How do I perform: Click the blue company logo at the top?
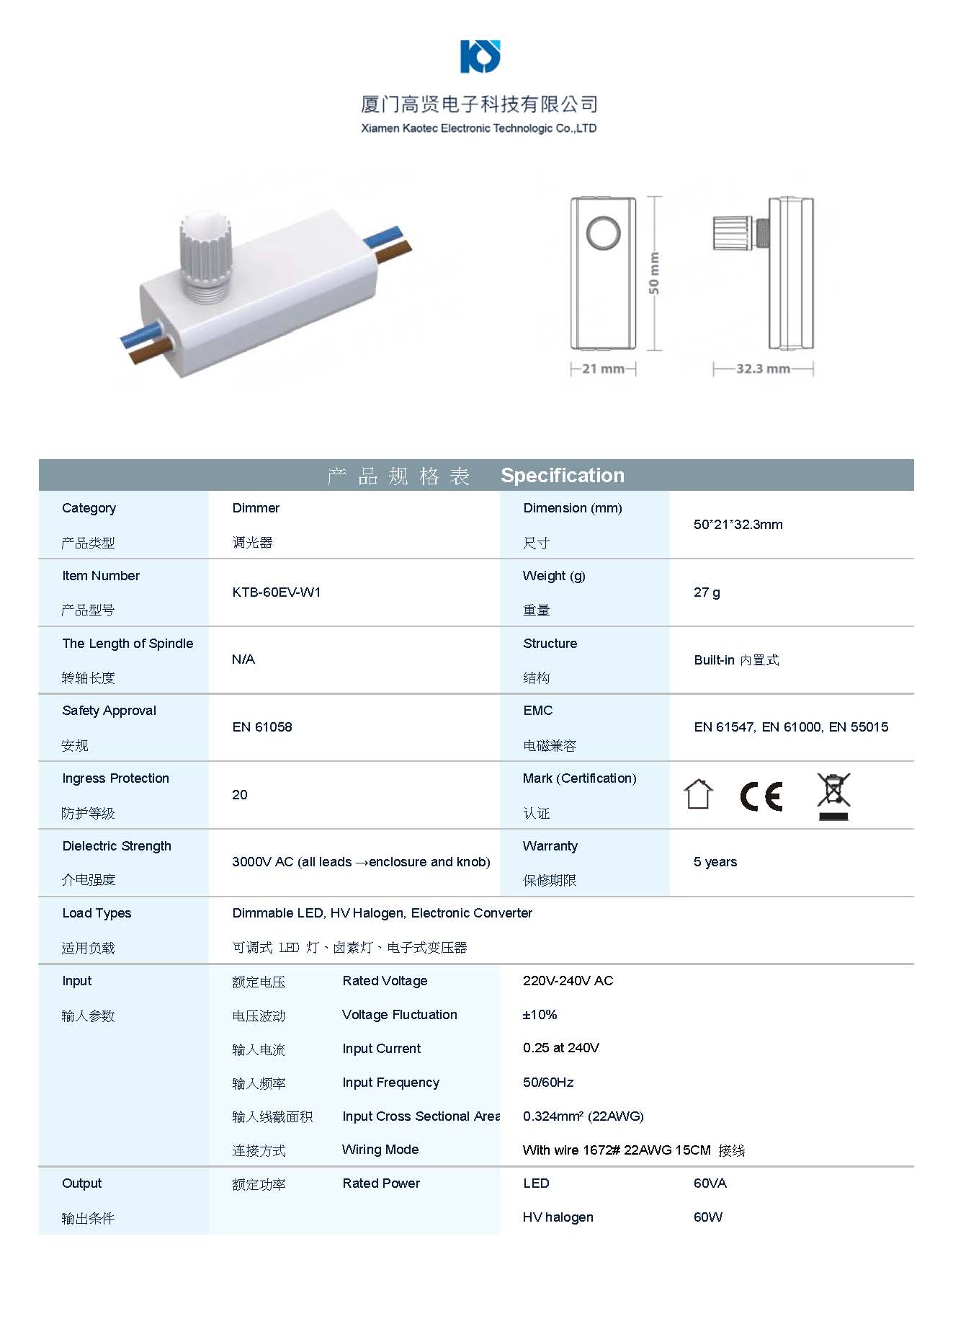[480, 56]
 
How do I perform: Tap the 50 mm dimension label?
[653, 273]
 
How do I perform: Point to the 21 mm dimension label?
[603, 369]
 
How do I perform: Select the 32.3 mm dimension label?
[763, 369]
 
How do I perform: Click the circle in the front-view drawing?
[603, 234]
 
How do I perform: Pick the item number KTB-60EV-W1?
[277, 592]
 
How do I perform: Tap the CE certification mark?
[761, 796]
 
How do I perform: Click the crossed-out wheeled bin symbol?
[833, 796]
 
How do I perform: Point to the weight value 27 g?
[707, 592]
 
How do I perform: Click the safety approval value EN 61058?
[262, 727]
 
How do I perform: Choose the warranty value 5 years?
[715, 862]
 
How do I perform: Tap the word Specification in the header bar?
[563, 476]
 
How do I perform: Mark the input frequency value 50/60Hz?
[548, 1083]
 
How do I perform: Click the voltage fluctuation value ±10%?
[540, 1015]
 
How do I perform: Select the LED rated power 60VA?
[710, 1183]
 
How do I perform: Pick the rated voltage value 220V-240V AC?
[568, 981]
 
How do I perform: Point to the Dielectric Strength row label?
[117, 846]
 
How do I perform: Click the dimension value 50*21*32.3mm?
[738, 525]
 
